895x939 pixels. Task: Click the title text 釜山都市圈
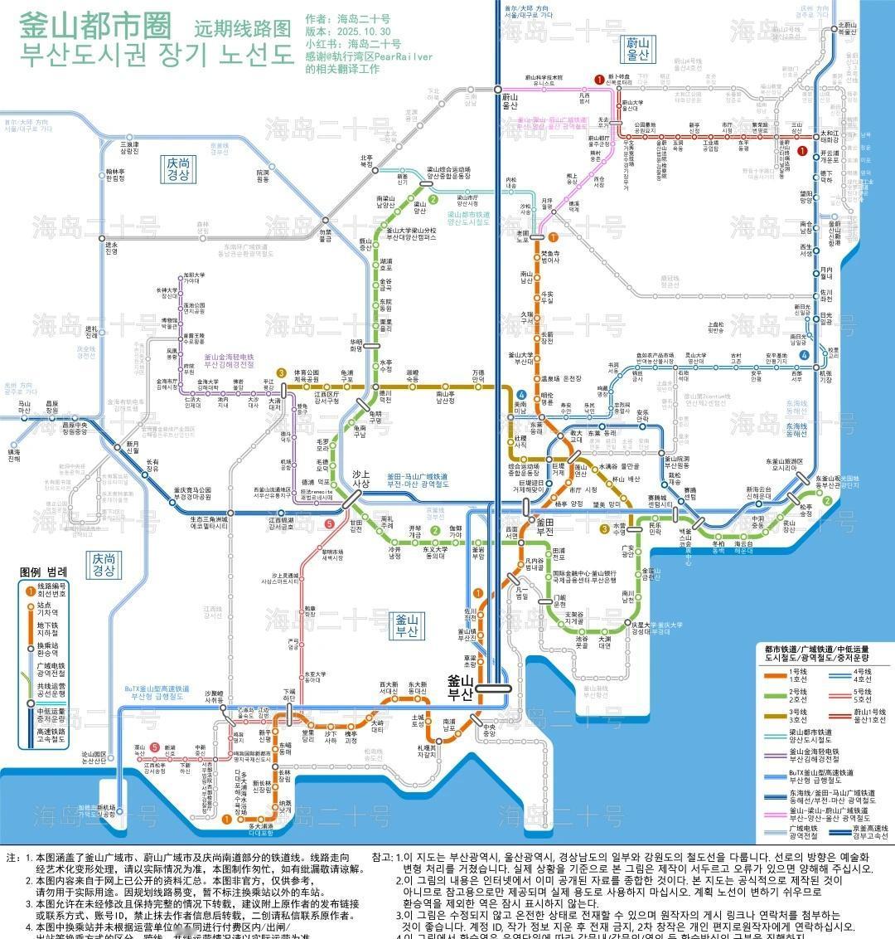point(97,24)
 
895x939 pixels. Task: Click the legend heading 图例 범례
point(43,572)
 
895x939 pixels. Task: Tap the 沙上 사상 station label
point(360,479)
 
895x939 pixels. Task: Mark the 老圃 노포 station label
point(523,236)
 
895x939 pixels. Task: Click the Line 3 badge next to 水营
point(605,528)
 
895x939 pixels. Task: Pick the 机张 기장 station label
point(826,374)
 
